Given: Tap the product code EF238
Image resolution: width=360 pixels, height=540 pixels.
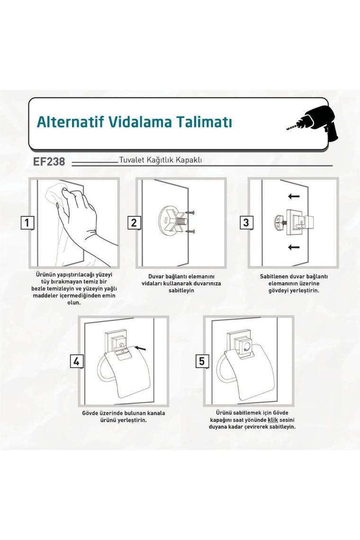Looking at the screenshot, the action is (49, 162).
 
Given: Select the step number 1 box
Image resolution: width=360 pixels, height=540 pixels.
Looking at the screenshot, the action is (27, 223).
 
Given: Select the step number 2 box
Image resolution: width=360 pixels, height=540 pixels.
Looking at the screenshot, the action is (134, 223).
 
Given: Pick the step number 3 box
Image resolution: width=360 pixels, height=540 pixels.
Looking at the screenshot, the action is (246, 223).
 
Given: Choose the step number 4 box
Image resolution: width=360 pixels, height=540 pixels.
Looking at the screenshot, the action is (76, 361).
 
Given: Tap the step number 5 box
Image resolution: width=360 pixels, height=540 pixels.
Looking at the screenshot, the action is (202, 361).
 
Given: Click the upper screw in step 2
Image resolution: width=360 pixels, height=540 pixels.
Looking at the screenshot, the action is (190, 213).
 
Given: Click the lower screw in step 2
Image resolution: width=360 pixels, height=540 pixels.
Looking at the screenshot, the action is (190, 231).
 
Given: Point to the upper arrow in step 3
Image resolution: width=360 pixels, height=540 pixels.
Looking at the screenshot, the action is (294, 196).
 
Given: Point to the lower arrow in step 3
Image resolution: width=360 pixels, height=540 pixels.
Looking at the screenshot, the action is (294, 247).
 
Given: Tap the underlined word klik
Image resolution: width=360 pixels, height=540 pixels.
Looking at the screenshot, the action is (273, 420).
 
